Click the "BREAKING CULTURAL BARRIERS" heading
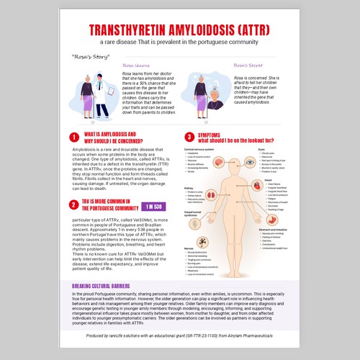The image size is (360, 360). click(x=106, y=287)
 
